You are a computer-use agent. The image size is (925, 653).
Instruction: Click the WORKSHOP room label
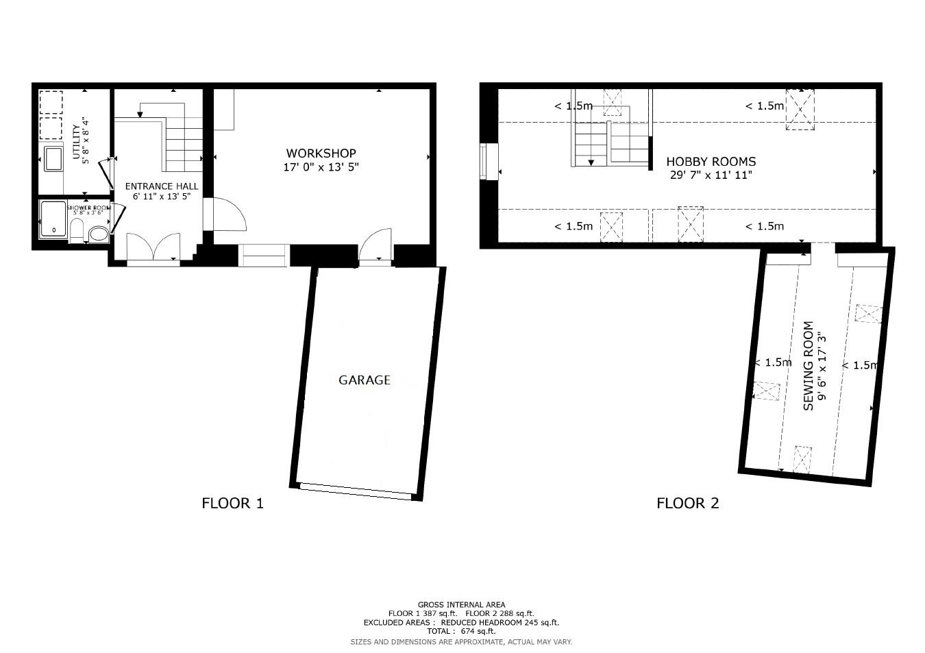click(x=321, y=153)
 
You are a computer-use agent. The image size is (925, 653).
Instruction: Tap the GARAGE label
click(x=365, y=380)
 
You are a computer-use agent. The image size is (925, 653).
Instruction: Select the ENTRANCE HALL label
click(x=162, y=186)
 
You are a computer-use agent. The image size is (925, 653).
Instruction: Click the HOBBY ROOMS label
click(x=711, y=162)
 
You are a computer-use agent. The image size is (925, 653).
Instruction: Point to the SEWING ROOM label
click(x=809, y=366)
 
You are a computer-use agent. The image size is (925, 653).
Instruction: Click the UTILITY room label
click(x=76, y=141)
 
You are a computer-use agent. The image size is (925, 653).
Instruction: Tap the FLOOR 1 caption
click(x=232, y=504)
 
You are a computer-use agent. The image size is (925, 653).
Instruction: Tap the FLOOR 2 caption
click(x=687, y=504)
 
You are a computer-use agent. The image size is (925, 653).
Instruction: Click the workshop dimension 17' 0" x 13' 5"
click(x=321, y=167)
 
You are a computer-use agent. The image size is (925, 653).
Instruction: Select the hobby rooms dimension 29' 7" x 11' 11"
click(x=711, y=175)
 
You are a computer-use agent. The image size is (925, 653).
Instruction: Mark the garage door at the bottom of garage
click(x=356, y=491)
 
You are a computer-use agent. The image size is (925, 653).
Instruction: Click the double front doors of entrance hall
click(x=154, y=247)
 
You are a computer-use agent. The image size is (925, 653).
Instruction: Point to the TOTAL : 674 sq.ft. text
click(x=461, y=631)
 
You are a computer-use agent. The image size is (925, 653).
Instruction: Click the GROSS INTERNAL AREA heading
click(x=461, y=605)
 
